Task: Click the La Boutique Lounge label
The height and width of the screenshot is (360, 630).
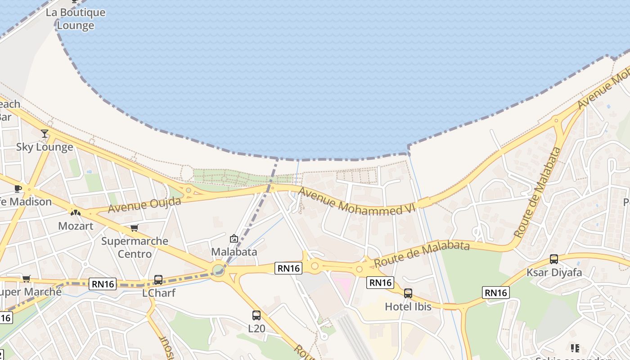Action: click(76, 19)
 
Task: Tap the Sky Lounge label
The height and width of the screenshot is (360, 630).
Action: click(45, 147)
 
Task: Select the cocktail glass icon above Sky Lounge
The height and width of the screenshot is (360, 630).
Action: click(45, 134)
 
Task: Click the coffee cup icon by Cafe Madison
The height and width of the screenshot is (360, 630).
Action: click(18, 189)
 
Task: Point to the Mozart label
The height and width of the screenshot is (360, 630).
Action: click(76, 226)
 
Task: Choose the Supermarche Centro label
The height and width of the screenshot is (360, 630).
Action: click(135, 247)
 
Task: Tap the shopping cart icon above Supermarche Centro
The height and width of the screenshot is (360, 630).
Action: click(134, 228)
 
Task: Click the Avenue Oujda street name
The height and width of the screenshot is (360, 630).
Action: click(144, 205)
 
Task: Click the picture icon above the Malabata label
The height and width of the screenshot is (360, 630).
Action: click(234, 238)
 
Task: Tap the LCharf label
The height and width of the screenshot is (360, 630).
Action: click(158, 293)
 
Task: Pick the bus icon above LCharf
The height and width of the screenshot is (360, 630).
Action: click(158, 280)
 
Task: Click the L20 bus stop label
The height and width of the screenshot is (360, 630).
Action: click(256, 328)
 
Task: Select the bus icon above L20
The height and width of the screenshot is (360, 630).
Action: click(256, 315)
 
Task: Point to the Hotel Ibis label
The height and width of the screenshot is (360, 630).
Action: click(408, 306)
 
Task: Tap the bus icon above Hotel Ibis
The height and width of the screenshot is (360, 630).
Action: click(408, 293)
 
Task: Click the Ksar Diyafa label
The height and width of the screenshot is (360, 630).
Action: click(554, 272)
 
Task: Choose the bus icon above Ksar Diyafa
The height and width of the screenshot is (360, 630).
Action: click(554, 259)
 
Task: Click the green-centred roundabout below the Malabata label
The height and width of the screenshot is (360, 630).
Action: click(219, 270)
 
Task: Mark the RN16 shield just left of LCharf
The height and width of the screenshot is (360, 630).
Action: click(103, 284)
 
